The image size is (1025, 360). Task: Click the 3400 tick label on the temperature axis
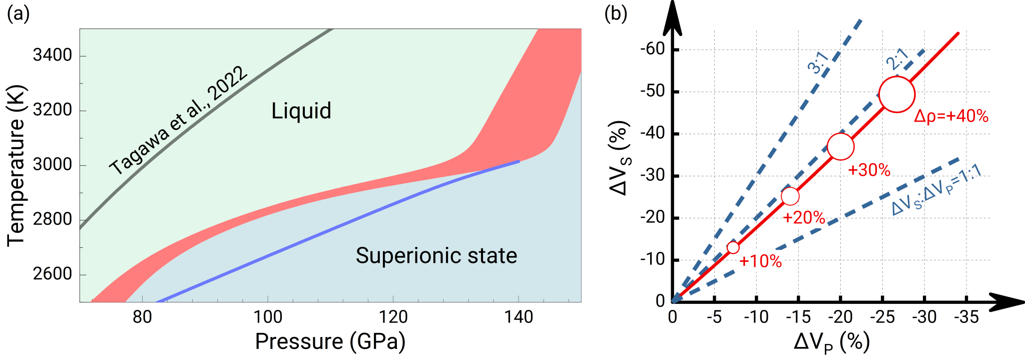click(53, 55)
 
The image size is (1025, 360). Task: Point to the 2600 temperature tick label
click(53, 274)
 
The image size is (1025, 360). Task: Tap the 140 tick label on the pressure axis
click(519, 317)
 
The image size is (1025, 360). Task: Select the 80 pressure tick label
click(143, 317)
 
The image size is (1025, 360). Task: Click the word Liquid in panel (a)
click(301, 111)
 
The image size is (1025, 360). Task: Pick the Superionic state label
click(436, 255)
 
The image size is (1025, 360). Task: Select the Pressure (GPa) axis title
click(330, 341)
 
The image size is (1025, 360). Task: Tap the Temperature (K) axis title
click(16, 166)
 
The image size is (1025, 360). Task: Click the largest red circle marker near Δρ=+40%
click(897, 94)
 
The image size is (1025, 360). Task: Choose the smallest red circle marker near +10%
click(733, 247)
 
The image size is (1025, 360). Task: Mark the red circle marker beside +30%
click(840, 146)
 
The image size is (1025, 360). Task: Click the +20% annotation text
click(804, 217)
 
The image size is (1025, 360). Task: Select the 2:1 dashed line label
click(897, 59)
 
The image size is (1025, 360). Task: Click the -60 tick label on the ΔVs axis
click(653, 49)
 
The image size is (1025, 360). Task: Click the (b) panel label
click(616, 14)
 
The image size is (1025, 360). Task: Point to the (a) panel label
click(19, 14)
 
